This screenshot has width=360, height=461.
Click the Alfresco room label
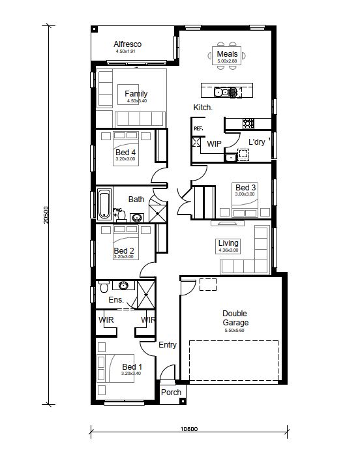pos(128,44)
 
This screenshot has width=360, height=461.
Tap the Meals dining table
pos(226,55)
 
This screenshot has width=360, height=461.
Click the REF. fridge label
pos(198,128)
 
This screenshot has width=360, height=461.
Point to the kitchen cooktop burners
pos(248,123)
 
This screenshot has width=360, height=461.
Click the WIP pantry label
pos(214,143)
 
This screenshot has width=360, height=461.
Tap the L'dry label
pos(257,142)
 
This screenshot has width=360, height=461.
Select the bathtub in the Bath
pos(104,204)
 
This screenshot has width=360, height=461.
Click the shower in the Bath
pos(158,214)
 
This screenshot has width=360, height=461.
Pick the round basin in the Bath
pos(136,218)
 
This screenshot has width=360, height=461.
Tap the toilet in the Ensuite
pos(104,287)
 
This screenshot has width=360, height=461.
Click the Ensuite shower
pos(146,295)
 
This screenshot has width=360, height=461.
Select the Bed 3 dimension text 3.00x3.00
pos(245,194)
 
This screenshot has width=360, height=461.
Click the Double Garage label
pos(235,318)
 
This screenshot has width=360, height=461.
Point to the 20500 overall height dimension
pos(46,215)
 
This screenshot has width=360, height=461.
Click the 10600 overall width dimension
pos(189,429)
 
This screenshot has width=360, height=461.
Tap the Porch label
pos(171,393)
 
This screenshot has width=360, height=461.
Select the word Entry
pos(168,345)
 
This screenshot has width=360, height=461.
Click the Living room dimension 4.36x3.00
pos(228,250)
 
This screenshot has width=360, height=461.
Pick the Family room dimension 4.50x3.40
pos(137,101)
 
